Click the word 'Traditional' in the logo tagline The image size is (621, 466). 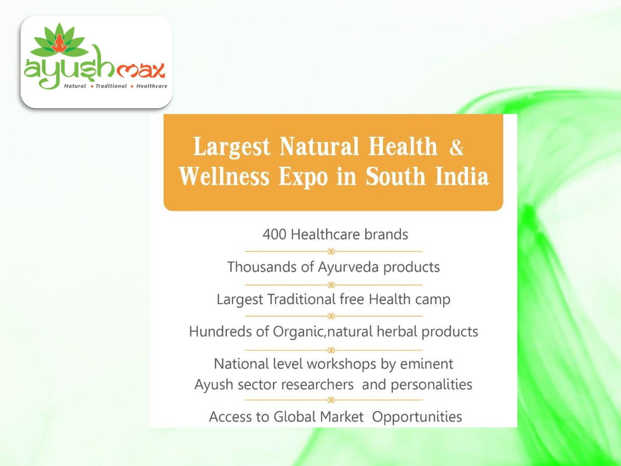pyautogui.click(x=111, y=86)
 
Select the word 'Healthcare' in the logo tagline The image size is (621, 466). pyautogui.click(x=152, y=86)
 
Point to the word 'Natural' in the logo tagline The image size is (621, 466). pyautogui.click(x=75, y=86)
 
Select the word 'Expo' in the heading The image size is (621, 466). pyautogui.click(x=303, y=177)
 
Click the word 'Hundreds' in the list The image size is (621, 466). pyautogui.click(x=220, y=332)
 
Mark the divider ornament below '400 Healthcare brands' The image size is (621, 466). pyautogui.click(x=331, y=251)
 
